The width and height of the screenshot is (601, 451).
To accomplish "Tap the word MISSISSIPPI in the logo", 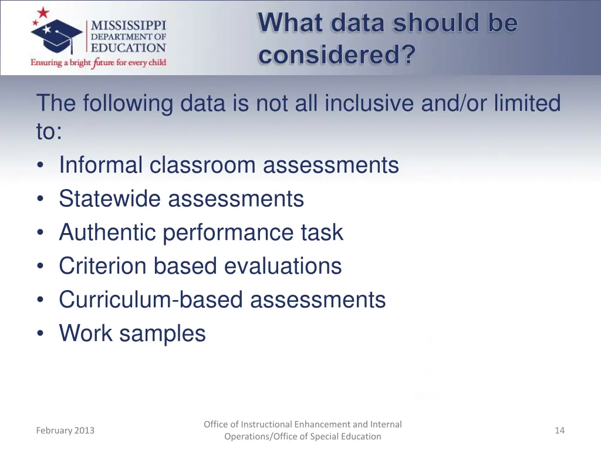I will [x=128, y=25].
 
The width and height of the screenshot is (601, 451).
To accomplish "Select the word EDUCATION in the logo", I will [x=128, y=48].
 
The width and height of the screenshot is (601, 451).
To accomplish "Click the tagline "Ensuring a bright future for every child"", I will [x=99, y=62].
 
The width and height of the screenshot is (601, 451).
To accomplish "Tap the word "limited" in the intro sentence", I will [x=526, y=103].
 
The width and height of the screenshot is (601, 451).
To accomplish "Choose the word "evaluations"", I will [x=283, y=266].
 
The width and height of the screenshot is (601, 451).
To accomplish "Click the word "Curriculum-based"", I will [x=151, y=299].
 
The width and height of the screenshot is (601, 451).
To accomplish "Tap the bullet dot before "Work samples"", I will [x=40, y=334].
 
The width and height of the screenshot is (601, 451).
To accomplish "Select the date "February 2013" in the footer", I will [x=65, y=430].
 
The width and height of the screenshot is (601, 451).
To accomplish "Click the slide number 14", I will [x=559, y=430].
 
